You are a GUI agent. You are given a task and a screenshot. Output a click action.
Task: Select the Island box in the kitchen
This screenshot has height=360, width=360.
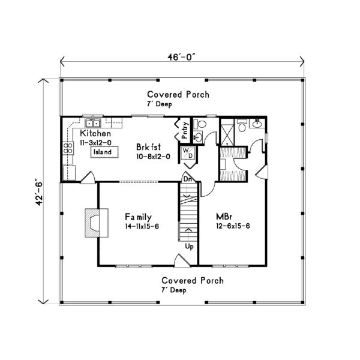point(102,152)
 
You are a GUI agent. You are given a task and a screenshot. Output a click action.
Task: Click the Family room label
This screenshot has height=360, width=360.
point(138,217)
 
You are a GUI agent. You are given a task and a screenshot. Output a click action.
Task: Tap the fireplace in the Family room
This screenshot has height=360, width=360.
point(93,223)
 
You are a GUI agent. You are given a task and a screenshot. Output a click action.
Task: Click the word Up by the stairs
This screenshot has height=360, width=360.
point(188,247)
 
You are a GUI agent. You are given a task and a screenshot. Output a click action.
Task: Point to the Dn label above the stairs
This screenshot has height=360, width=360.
point(187,178)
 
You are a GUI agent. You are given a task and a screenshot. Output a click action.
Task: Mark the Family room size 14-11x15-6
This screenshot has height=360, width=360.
point(144,227)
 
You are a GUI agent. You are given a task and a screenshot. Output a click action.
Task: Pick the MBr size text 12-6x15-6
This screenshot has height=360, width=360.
point(234,227)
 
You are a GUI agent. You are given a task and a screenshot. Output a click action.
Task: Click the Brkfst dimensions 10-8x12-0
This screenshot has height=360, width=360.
point(153,156)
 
